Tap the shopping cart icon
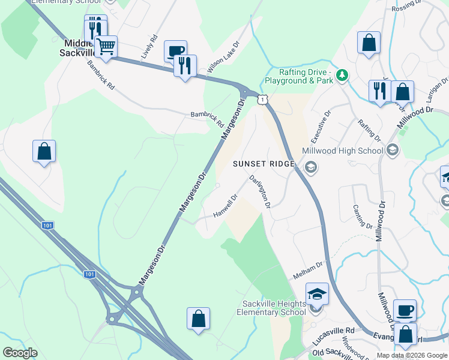pyautogui.click(x=106, y=46)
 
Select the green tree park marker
pyautogui.click(x=342, y=75)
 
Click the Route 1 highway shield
pyautogui.click(x=262, y=99)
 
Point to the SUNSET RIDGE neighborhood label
pyautogui.click(x=264, y=164)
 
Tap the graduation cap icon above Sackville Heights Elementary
pyautogui.click(x=318, y=293)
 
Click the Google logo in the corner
pyautogui.click(x=20, y=352)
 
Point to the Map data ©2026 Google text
pyautogui.click(x=411, y=355)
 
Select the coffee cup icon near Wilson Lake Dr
pyautogui.click(x=175, y=51)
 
